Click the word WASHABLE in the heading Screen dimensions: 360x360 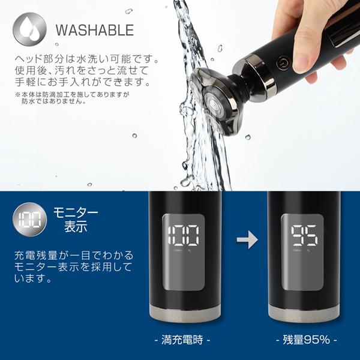pyautogui.click(x=94, y=30)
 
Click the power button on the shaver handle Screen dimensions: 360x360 pyautogui.click(x=281, y=61)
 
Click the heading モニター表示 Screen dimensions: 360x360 pyautogui.click(x=76, y=220)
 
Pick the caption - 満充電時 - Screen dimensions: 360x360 pyautogui.click(x=185, y=340)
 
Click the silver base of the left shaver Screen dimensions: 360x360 pyautogui.click(x=185, y=313)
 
